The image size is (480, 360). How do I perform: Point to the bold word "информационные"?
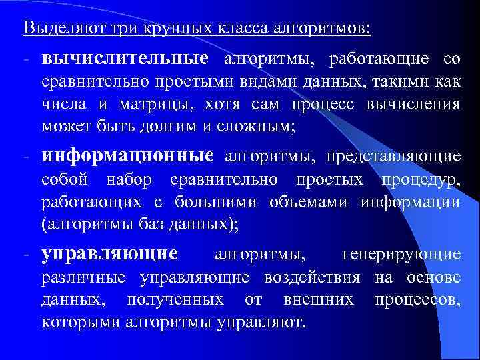coord(127,156)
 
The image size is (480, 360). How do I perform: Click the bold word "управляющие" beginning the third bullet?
coord(109,254)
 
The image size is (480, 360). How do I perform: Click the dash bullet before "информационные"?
coord(25,157)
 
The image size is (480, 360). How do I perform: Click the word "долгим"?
coord(151,125)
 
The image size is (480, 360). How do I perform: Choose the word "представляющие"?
coord(393,157)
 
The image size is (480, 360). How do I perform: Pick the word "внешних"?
coord(319,300)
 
